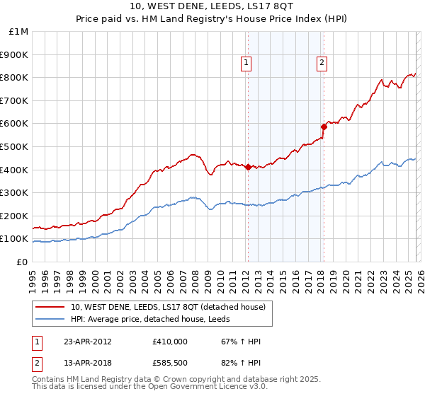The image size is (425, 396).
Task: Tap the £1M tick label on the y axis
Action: [18, 32]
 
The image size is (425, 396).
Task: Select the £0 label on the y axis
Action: [21, 262]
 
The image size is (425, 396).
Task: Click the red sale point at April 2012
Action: [248, 168]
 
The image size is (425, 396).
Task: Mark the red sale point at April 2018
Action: [323, 127]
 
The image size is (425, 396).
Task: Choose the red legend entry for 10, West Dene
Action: [168, 307]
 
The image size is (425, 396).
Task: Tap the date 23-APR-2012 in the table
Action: [88, 342]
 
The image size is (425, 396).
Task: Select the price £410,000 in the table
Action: [170, 342]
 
